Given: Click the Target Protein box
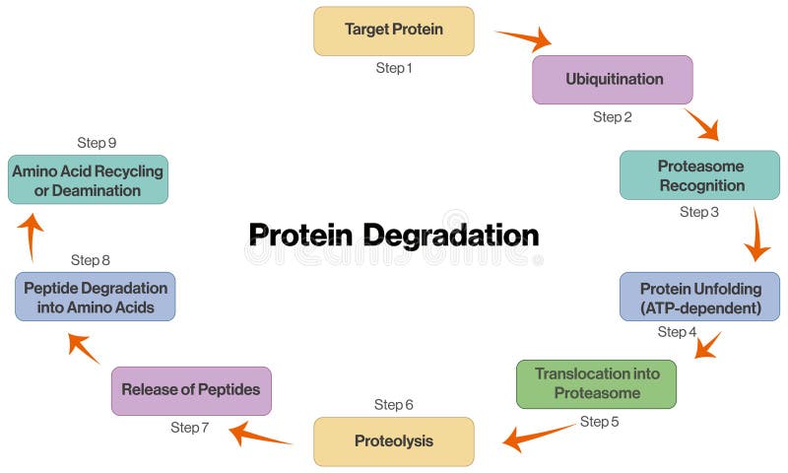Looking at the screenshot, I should point(393,31).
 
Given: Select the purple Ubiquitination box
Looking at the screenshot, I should point(613,80).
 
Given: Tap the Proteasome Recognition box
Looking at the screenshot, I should point(699,175).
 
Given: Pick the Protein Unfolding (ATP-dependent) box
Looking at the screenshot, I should point(699,298).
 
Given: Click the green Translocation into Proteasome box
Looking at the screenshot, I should point(596,383).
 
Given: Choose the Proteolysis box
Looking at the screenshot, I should point(393,441).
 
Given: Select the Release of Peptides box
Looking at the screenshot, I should point(190,390).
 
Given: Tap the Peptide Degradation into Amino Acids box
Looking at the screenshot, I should point(95,297).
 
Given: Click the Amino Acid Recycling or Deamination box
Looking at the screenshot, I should point(88,180).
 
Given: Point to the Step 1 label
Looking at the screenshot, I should point(393,68).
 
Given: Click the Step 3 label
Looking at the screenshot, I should point(699,212).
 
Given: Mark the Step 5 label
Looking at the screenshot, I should point(599,422).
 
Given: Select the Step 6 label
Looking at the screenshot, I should point(393,405).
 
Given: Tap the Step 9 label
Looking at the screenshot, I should point(97,143).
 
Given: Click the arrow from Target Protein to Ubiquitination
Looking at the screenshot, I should point(523,39).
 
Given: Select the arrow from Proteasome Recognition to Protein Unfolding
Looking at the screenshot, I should point(755,235).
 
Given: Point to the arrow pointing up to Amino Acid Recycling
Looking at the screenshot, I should point(32,234).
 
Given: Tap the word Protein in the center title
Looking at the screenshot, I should point(300,236).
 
